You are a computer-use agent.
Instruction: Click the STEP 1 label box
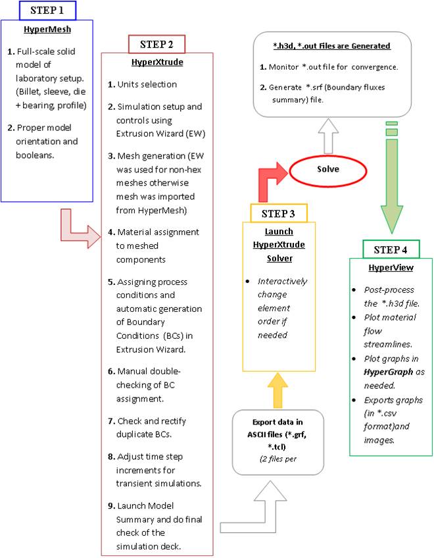tap(48, 11)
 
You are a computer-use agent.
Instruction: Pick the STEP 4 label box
tap(392, 249)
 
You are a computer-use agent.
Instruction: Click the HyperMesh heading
tap(47, 31)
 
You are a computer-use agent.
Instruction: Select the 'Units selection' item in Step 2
tap(147, 85)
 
